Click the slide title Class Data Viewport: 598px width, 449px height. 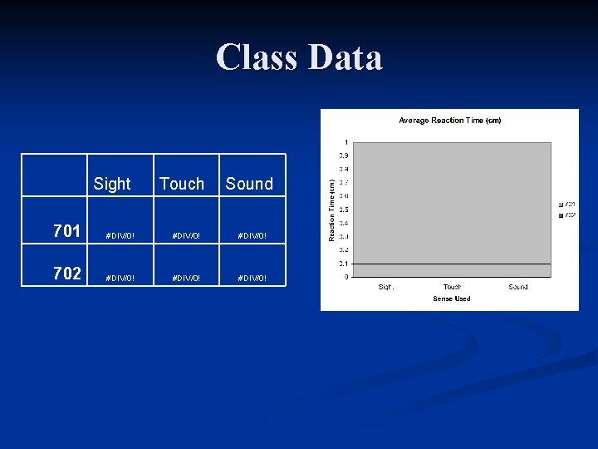(x=299, y=57)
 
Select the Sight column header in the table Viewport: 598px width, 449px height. (x=112, y=184)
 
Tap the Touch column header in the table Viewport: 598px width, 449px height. (x=181, y=184)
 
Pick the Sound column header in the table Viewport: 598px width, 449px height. (x=249, y=184)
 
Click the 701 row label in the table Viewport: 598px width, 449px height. (x=66, y=231)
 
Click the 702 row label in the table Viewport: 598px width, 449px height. (x=66, y=273)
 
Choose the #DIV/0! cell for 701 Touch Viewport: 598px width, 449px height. (x=186, y=236)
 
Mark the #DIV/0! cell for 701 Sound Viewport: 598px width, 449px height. (x=252, y=236)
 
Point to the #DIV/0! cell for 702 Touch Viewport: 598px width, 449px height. (x=186, y=278)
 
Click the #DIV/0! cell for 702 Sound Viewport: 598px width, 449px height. (x=252, y=278)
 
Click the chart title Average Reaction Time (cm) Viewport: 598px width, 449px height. (x=449, y=121)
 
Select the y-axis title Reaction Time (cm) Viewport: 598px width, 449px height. (x=331, y=210)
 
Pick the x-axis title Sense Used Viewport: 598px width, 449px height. (x=451, y=299)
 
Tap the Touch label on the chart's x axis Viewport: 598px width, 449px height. (x=452, y=287)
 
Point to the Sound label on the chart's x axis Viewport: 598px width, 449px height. (x=517, y=287)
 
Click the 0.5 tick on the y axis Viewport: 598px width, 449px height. (x=343, y=210)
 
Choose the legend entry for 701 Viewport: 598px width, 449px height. (x=568, y=204)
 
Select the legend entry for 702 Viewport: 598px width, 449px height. (x=568, y=215)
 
